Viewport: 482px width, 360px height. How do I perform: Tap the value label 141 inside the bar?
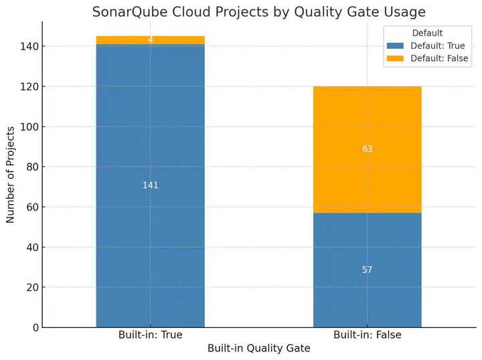tap(150, 185)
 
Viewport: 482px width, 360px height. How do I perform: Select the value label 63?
tap(367, 149)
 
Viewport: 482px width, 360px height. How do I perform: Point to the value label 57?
tap(367, 270)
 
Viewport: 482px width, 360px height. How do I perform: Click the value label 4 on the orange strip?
tap(150, 40)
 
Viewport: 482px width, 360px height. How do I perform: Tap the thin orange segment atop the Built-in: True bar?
tap(120, 40)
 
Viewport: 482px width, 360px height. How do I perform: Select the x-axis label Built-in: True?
tap(150, 335)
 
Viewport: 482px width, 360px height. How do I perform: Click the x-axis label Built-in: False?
tap(367, 335)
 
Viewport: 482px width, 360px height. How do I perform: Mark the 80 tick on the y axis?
tap(31, 167)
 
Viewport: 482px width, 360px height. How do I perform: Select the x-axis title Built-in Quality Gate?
tap(258, 349)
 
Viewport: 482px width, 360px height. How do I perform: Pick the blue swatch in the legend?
tap(396, 46)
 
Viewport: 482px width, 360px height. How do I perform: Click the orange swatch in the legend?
tap(396, 59)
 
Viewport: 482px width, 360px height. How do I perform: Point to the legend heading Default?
tap(427, 33)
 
